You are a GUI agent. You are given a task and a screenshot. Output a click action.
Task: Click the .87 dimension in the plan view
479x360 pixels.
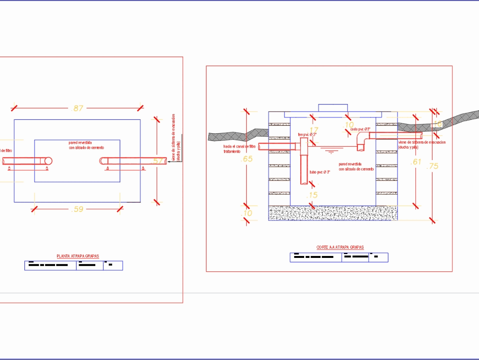tap(77, 108)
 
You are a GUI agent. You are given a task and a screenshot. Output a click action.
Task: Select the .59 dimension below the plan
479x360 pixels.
tap(77, 209)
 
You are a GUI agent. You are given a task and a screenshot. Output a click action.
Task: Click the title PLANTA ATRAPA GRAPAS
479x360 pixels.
tap(78, 256)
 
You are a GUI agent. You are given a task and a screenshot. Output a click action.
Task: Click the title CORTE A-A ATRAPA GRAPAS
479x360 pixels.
tap(340, 248)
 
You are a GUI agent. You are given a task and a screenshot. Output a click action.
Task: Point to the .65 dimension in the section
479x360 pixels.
tap(247, 159)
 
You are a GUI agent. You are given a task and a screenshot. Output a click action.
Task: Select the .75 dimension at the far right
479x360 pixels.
tap(432, 166)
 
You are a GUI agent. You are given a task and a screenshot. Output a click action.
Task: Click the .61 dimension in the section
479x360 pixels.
tap(416, 162)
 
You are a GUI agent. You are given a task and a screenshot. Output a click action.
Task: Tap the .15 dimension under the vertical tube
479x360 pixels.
tap(312, 195)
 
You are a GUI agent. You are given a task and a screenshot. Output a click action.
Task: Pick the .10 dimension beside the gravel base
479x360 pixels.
tap(247, 213)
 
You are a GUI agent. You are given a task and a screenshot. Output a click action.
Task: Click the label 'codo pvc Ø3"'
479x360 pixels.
tap(360, 129)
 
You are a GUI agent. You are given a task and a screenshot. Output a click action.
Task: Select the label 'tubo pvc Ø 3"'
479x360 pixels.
tap(320, 172)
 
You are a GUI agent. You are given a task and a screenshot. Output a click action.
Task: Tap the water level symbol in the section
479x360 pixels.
tap(330, 151)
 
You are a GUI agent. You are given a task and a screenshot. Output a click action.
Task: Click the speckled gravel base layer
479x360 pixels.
tap(333, 213)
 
